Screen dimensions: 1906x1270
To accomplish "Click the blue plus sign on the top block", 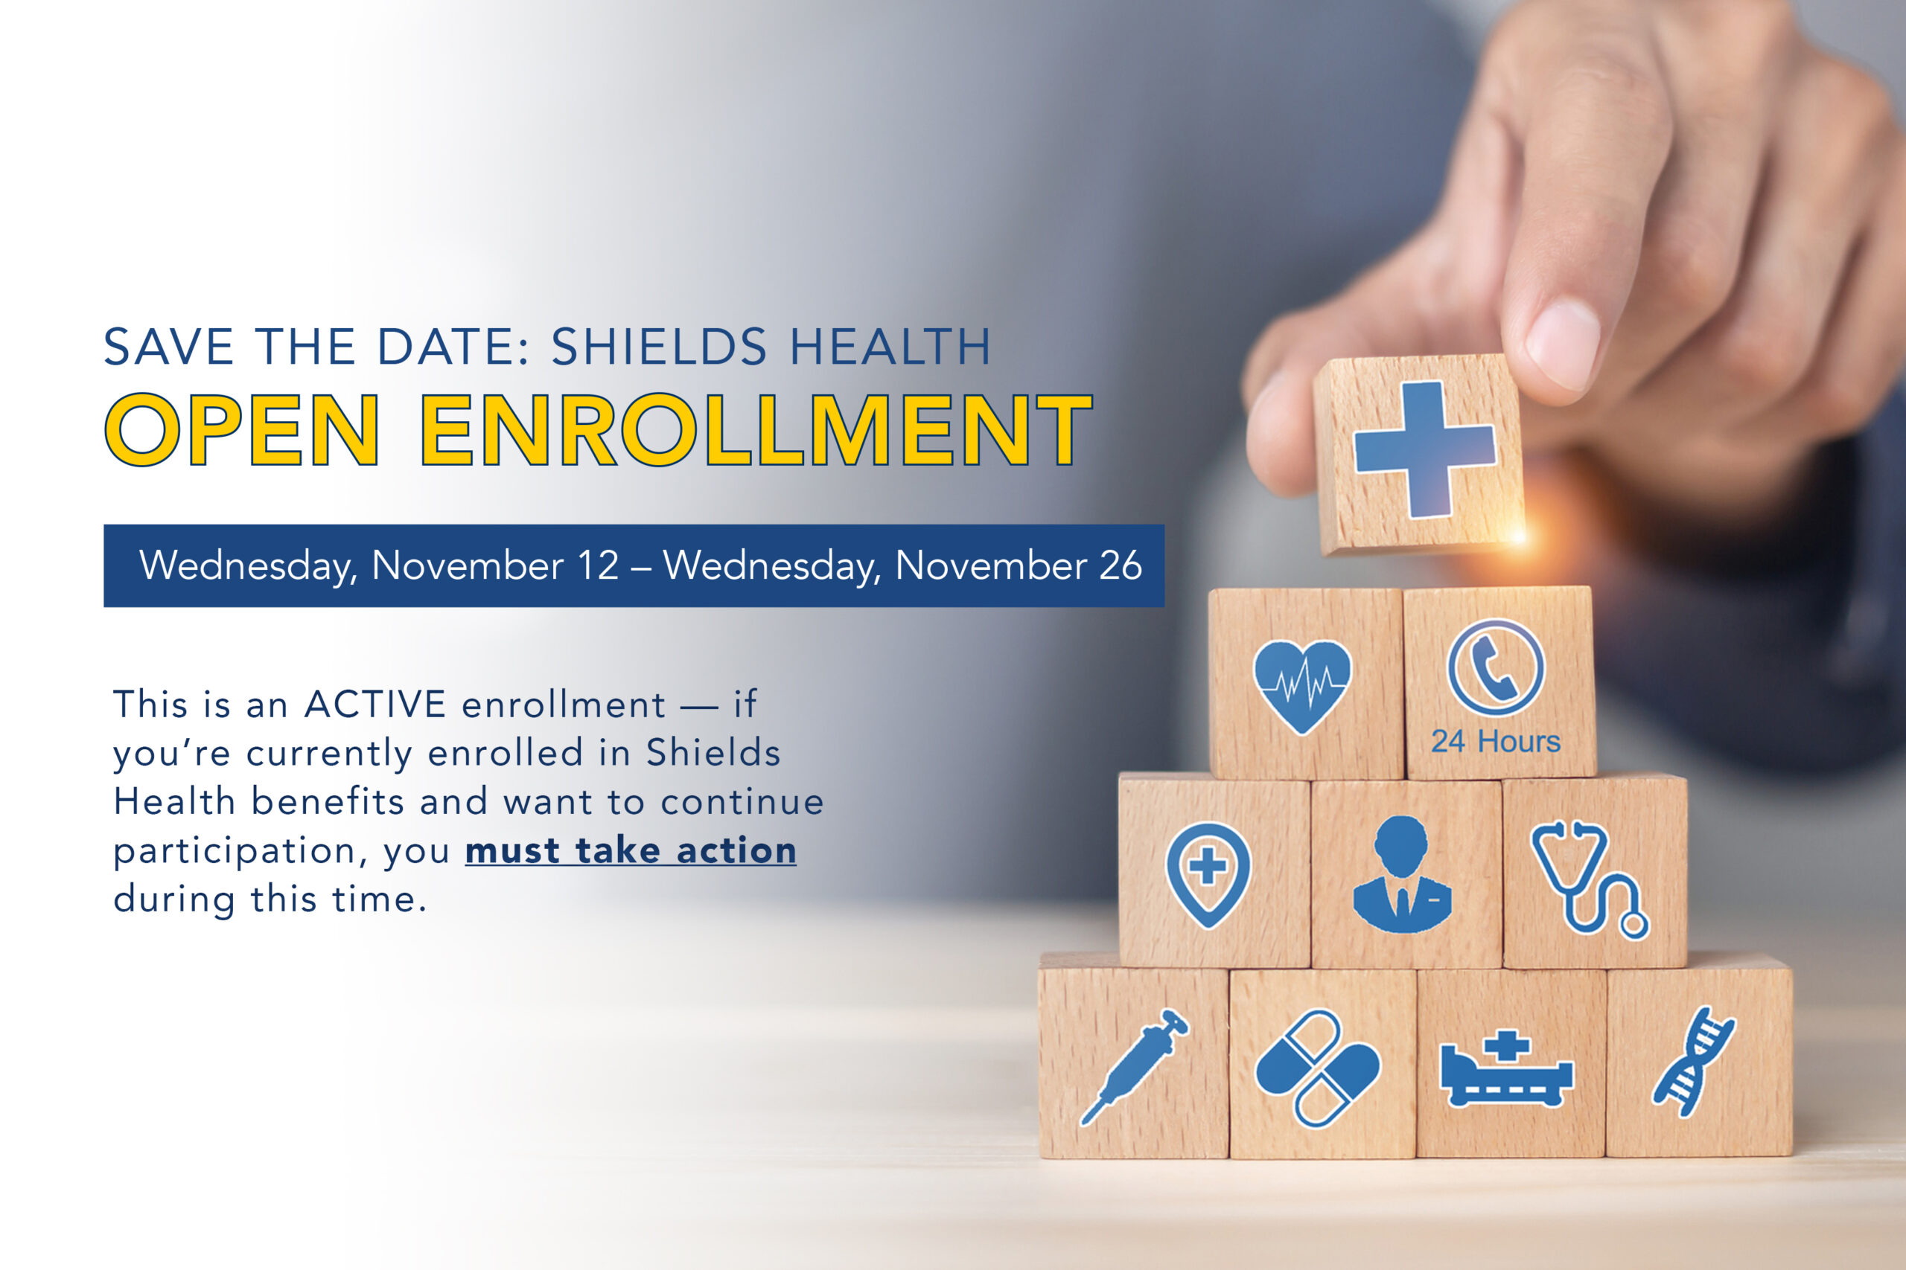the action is coord(1424,449).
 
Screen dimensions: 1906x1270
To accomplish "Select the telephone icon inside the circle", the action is coord(1496,668).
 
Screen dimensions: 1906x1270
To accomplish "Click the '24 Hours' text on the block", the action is coord(1495,741).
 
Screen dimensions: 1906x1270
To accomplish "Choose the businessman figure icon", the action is coord(1402,875).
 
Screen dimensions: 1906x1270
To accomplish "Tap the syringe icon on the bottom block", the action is coord(1134,1067).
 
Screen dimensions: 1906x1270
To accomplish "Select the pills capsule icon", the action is coord(1318,1068).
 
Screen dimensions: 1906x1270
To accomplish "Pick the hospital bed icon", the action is coord(1506,1068).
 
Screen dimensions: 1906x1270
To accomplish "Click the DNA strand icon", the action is coord(1694,1062).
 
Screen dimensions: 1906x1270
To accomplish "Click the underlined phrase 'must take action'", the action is coord(631,851).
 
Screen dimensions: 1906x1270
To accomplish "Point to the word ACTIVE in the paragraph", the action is coord(375,704).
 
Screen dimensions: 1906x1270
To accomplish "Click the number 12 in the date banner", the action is coord(598,565).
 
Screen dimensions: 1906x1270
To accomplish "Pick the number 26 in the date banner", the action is coord(1121,565).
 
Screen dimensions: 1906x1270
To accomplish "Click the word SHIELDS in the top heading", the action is coord(659,347).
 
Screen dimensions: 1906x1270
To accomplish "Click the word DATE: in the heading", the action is coord(454,347).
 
